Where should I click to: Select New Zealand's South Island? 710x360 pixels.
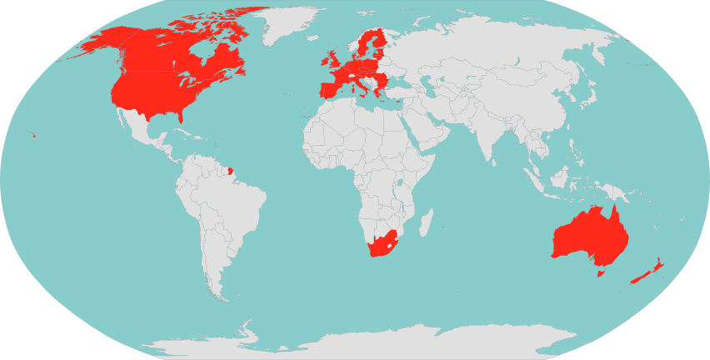[x=640, y=277]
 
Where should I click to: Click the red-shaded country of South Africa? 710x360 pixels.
[x=383, y=245]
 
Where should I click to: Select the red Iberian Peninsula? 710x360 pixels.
[x=328, y=89]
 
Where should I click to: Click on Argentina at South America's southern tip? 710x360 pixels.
[x=218, y=258]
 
